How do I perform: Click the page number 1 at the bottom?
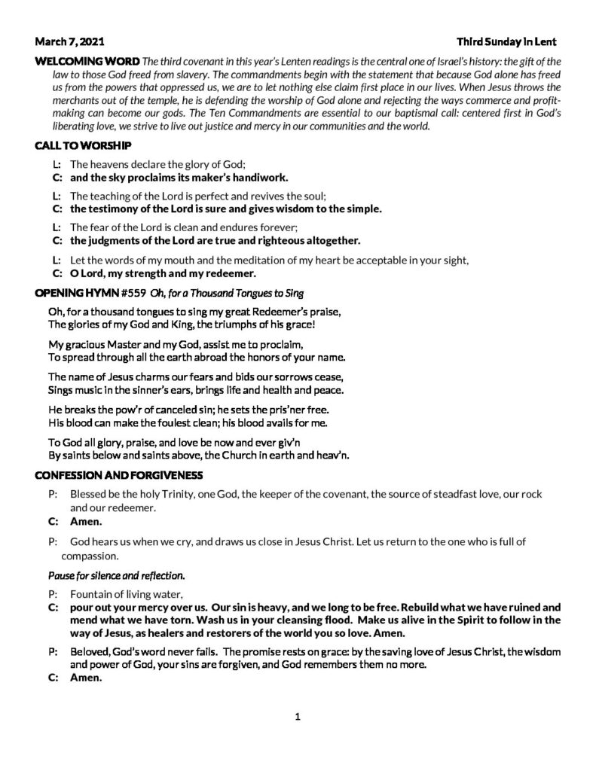[298, 716]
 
